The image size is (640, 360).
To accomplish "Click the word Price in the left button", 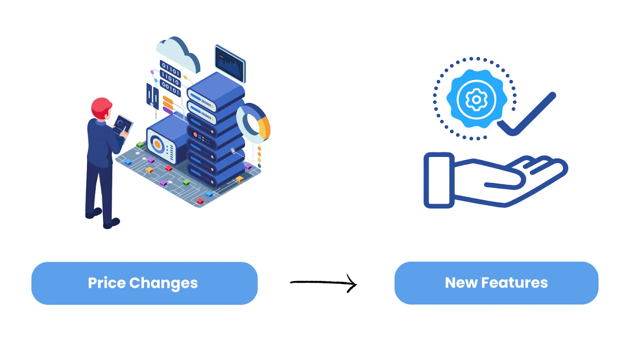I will pyautogui.click(x=107, y=283).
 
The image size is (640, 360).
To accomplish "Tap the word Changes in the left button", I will pyautogui.click(x=163, y=284).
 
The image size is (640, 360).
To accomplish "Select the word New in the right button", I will pyautogui.click(x=461, y=283).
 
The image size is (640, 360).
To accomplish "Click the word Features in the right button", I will pyautogui.click(x=514, y=283).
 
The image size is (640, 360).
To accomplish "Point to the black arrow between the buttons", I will pyautogui.click(x=323, y=283).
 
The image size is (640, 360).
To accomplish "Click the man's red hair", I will pyautogui.click(x=101, y=106).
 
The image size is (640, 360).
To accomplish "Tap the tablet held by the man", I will pyautogui.click(x=122, y=125).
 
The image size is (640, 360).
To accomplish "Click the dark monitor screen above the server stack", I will pyautogui.click(x=230, y=63).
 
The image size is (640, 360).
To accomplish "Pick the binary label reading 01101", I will pyautogui.click(x=170, y=69).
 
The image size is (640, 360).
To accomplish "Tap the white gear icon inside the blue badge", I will pyautogui.click(x=476, y=99).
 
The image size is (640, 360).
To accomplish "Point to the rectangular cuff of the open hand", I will pyautogui.click(x=439, y=180).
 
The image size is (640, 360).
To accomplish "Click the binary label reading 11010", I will pyautogui.click(x=170, y=78).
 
